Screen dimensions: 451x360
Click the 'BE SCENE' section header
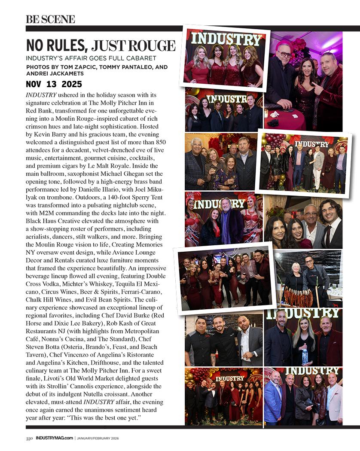point(50,19)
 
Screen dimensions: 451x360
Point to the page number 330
point(29,438)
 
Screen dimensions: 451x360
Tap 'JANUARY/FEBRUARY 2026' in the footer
point(98,438)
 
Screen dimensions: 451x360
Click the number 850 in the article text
point(160,142)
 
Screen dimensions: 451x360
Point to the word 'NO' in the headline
point(36,46)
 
